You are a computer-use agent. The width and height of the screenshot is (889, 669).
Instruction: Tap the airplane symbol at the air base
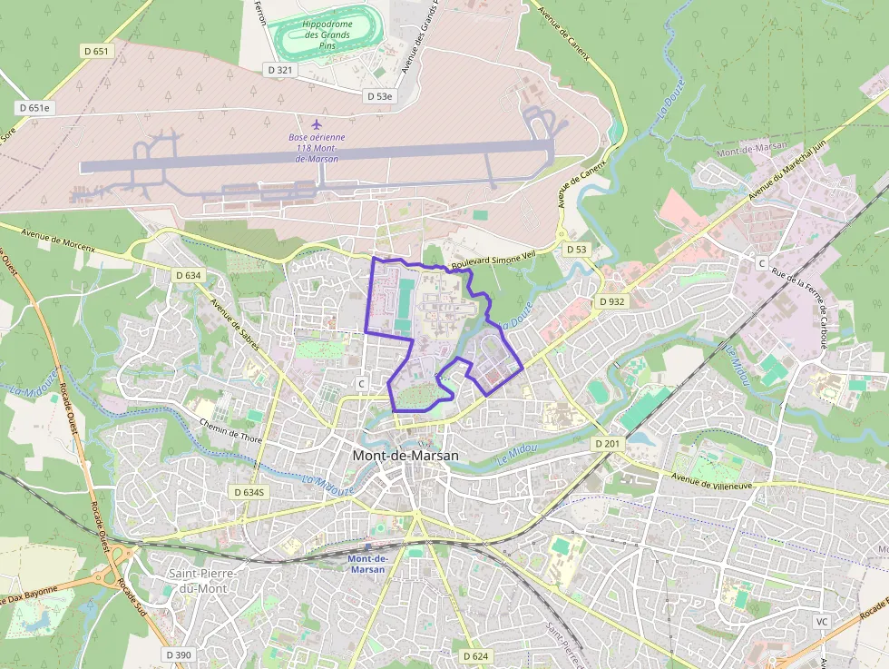(x=317, y=123)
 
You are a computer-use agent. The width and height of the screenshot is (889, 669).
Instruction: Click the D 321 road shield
(x=281, y=69)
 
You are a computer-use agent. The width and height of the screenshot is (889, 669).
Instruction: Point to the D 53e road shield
(x=380, y=95)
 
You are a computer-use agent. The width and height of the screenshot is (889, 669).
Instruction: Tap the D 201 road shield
(x=609, y=443)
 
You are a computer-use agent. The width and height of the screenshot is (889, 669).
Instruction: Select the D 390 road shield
(x=179, y=654)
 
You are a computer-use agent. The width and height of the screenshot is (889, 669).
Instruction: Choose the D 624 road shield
(x=475, y=655)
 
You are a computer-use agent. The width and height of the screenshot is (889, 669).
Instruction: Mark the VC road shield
(x=822, y=622)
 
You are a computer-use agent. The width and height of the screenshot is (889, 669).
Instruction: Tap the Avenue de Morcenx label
(x=52, y=248)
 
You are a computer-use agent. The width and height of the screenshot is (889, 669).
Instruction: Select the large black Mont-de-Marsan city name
(x=405, y=456)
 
